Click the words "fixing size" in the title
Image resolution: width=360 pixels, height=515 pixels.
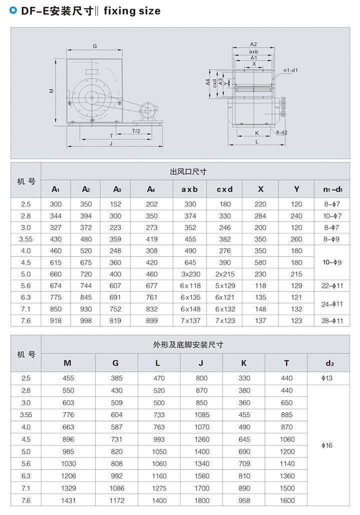(x=132, y=10)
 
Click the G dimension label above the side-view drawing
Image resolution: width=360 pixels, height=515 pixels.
(x=94, y=46)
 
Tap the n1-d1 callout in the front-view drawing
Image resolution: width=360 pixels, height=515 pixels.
(x=290, y=70)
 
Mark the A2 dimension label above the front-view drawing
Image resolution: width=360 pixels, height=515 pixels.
(x=253, y=44)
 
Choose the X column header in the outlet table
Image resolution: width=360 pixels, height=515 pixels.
(x=260, y=189)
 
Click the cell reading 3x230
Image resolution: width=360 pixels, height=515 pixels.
(x=190, y=274)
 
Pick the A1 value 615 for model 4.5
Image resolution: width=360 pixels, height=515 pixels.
(x=55, y=262)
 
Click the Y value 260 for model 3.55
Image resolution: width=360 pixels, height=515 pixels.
(x=296, y=239)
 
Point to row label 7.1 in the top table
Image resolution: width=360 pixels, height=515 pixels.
(x=26, y=309)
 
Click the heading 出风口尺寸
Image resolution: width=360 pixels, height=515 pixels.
(x=188, y=172)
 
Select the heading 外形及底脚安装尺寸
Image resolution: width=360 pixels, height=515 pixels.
(x=188, y=345)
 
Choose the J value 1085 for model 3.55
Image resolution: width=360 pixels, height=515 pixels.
(x=202, y=415)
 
